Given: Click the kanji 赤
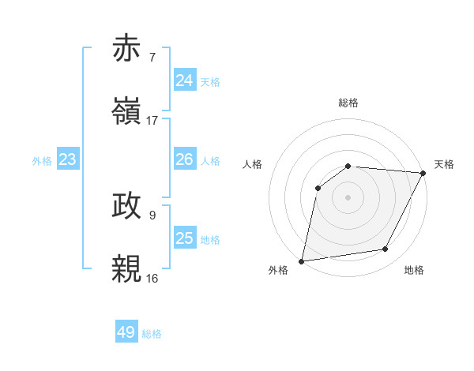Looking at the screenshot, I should pos(126,49).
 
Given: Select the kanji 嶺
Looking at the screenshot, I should pos(126,111).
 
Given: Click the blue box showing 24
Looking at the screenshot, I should pos(184,80).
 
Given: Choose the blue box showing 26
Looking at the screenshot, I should pos(184,159).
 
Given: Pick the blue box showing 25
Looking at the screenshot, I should pos(184,238).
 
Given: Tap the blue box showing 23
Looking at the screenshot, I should pos(68,159).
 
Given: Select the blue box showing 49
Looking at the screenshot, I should pos(126,332).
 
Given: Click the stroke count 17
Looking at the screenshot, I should pos(152,120).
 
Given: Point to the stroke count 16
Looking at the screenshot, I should pos(152,278).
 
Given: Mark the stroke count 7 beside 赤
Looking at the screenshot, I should pos(152,57).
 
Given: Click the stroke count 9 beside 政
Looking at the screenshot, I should pos(152,215).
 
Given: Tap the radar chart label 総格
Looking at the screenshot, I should pos(348,103).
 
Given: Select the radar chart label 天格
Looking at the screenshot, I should pos(444,164).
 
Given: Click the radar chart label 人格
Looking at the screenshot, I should pos(253,164).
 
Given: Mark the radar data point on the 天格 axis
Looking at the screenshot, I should pos(423,173).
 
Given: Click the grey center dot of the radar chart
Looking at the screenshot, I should pos(348,197).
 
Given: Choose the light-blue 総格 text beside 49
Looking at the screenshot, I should pos(152,334).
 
